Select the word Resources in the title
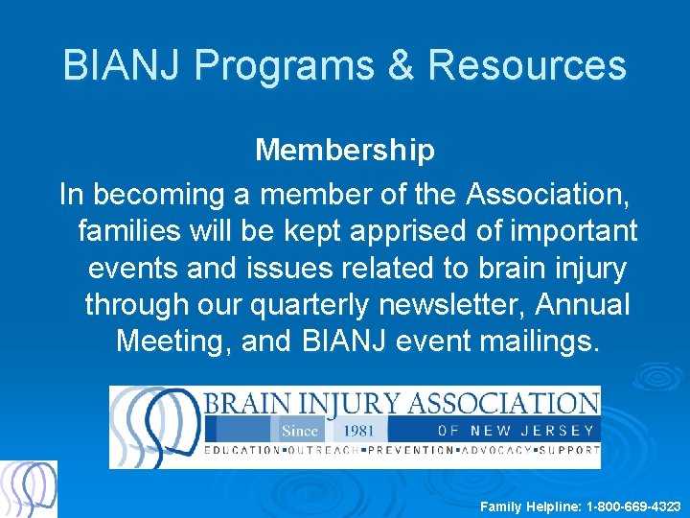pos(527,66)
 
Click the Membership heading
pos(345,150)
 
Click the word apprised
pos(403,231)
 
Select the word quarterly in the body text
pos(309,304)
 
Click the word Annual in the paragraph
pos(584,304)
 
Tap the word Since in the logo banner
pos(299,431)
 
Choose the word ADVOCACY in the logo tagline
pos(493,450)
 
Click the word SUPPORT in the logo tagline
pos(571,450)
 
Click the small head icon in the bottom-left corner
pos(29,489)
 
